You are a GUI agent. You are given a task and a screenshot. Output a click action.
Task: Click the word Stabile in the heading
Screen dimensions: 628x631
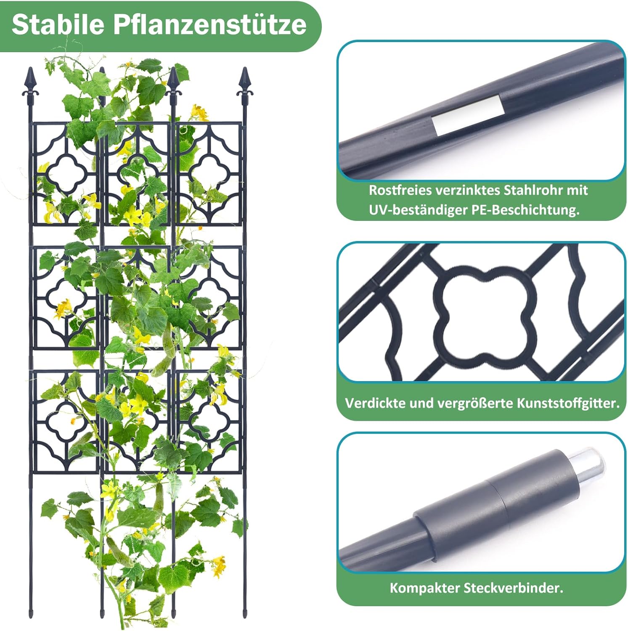point(58,24)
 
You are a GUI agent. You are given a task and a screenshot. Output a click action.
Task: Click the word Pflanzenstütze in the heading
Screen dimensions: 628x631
point(210,24)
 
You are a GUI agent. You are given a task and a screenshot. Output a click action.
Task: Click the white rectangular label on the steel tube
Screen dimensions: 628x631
point(468,115)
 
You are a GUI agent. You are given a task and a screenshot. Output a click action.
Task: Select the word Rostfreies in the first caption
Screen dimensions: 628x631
point(400,190)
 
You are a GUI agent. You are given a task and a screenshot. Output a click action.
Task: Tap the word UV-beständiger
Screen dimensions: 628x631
point(418,209)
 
